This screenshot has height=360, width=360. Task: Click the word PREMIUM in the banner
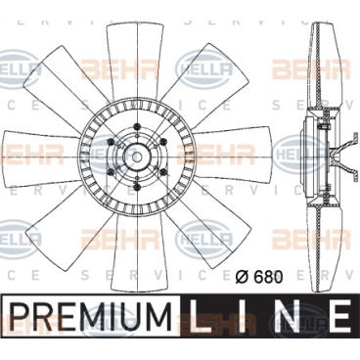coord(92,315)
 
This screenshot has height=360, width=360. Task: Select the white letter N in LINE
coord(287,315)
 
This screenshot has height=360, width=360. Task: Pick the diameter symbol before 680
coord(243,277)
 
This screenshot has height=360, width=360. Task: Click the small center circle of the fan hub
coord(137,157)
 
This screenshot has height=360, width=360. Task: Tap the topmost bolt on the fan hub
coord(137,126)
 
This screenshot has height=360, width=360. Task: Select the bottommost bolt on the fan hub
coord(137,187)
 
